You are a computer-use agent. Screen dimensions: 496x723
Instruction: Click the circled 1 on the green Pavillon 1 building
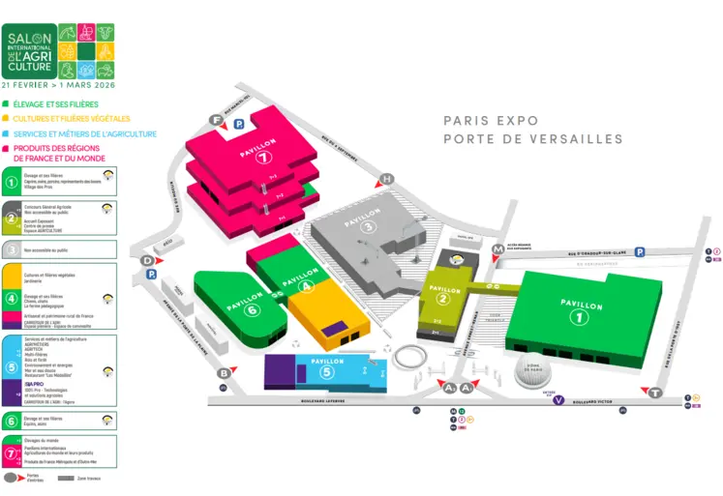(581, 316)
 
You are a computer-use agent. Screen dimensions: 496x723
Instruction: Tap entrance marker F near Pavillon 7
(216, 120)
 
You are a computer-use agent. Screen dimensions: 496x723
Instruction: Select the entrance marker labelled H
(387, 179)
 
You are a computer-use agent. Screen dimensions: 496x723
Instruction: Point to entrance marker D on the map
(147, 260)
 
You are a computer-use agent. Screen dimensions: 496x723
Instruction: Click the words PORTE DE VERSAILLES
(532, 139)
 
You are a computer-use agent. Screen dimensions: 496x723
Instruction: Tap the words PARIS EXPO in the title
(490, 121)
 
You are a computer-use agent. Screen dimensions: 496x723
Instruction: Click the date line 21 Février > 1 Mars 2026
(58, 85)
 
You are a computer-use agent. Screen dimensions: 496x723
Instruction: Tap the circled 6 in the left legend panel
(12, 421)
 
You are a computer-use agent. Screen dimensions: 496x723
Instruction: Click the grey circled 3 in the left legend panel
(12, 249)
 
